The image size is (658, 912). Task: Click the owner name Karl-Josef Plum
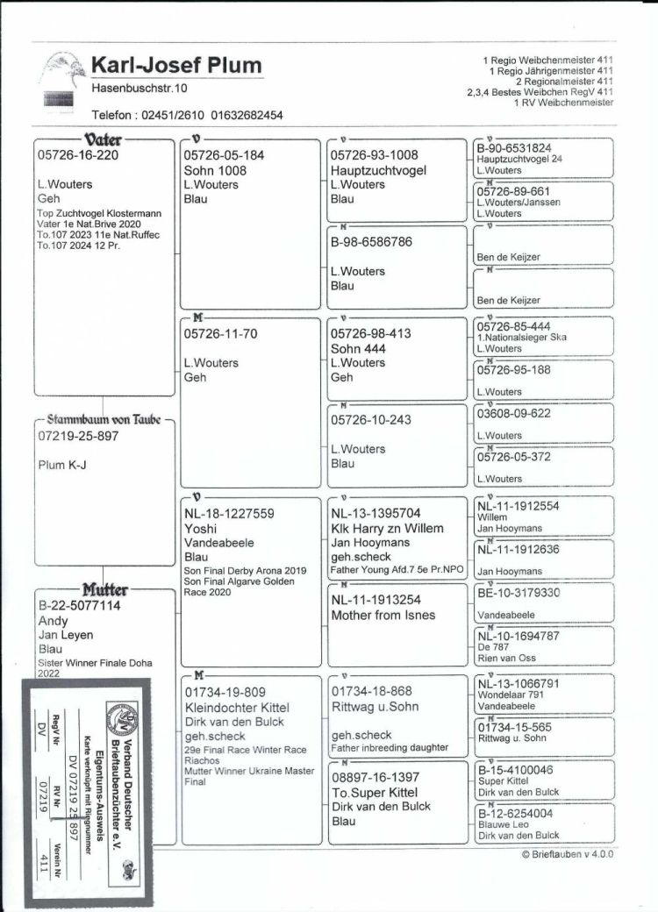pos(176,66)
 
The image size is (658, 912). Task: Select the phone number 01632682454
pos(243,115)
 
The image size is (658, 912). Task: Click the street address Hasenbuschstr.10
pos(139,88)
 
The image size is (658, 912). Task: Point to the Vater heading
pos(103,139)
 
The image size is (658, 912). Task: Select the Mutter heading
pos(106,589)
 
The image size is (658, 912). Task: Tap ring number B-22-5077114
pos(80,605)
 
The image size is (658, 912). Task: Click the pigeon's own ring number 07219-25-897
pos(79,435)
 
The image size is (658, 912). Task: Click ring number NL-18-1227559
pos(229,514)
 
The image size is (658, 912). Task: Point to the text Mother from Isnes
pos(383,615)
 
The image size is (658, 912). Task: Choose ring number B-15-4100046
pos(515,770)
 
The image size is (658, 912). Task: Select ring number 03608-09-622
pos(513,413)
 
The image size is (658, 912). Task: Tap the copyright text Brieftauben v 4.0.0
pos(567,853)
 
